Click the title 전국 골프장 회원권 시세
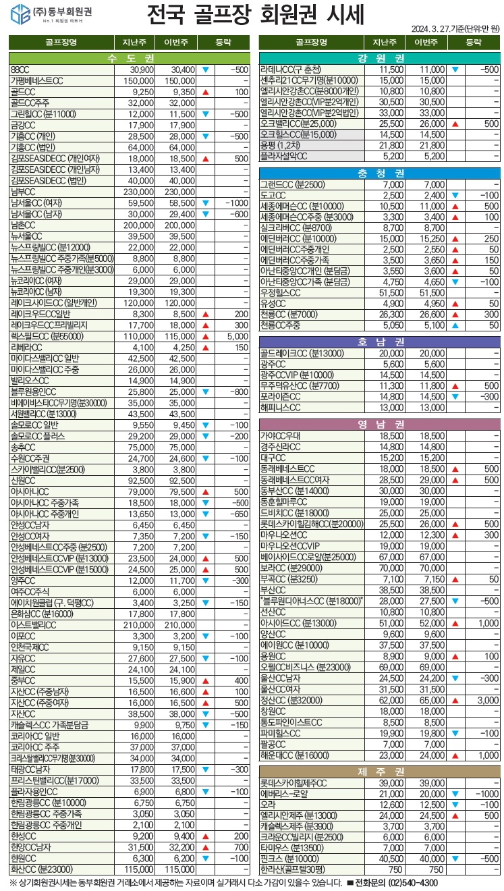(x=255, y=15)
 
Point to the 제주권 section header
(x=381, y=772)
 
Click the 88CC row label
(x=20, y=70)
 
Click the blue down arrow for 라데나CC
(x=455, y=70)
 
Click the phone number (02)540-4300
(x=412, y=882)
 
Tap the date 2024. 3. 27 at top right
(x=435, y=28)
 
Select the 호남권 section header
(x=381, y=342)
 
